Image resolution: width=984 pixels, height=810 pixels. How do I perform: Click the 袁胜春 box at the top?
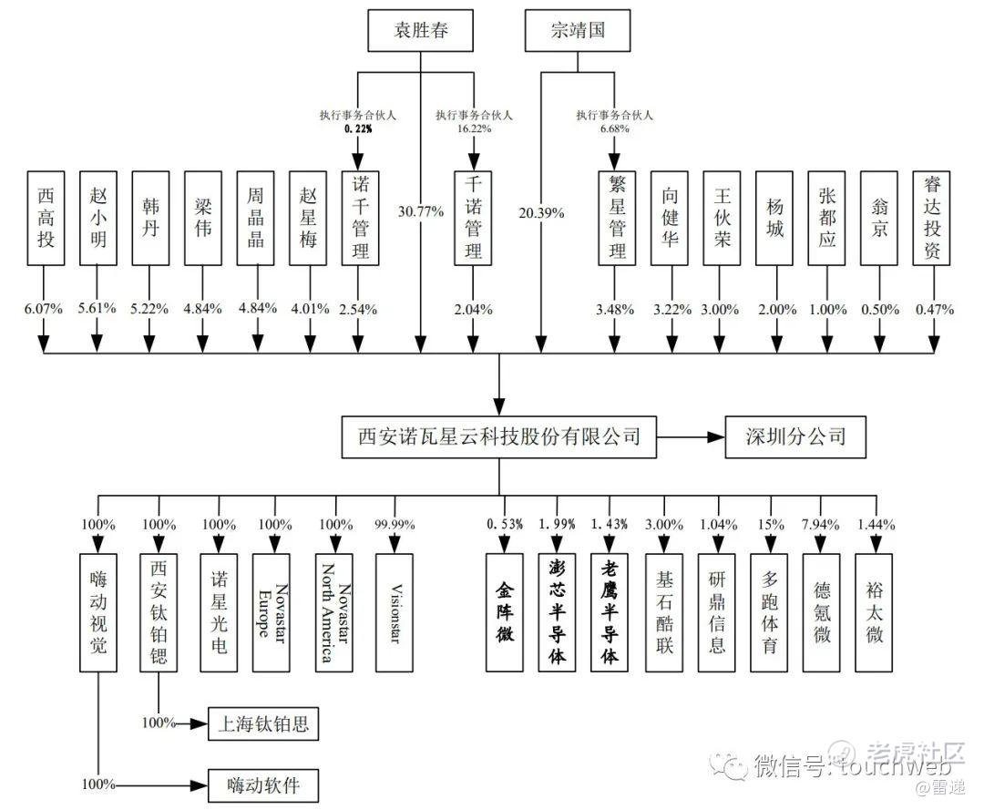coord(421,32)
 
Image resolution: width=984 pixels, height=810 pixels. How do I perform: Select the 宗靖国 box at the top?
coord(579,32)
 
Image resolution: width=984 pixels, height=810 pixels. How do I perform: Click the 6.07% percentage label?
coord(44,309)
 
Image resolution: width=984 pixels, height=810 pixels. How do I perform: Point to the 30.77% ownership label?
coord(421,212)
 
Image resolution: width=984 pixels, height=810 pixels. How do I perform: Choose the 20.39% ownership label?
coord(541,212)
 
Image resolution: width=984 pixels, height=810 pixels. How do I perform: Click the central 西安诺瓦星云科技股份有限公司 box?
coord(498,436)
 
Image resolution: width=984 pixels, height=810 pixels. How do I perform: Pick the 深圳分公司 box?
coord(794,436)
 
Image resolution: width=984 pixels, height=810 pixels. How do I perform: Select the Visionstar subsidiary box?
coord(394,612)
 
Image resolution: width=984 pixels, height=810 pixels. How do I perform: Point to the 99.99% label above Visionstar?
coord(394,525)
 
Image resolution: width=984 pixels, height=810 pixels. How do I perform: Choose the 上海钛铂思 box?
coord(264,724)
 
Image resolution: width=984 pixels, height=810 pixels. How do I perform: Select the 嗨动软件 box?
coord(264,784)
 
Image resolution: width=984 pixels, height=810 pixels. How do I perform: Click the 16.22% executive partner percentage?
coord(474,129)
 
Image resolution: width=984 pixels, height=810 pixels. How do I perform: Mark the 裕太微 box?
coord(875,612)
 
